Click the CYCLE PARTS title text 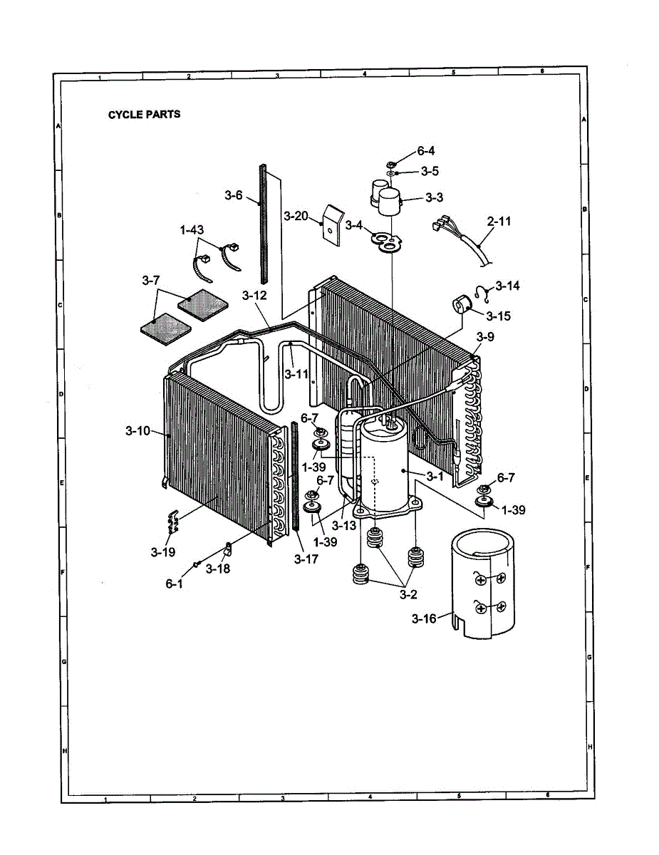[144, 114]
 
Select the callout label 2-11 [499, 222]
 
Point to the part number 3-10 [137, 430]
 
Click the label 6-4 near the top [425, 151]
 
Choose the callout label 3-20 [296, 216]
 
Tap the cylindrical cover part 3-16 [484, 584]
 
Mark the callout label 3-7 [150, 281]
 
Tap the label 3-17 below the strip [306, 559]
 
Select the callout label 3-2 [408, 593]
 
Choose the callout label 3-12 [254, 295]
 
